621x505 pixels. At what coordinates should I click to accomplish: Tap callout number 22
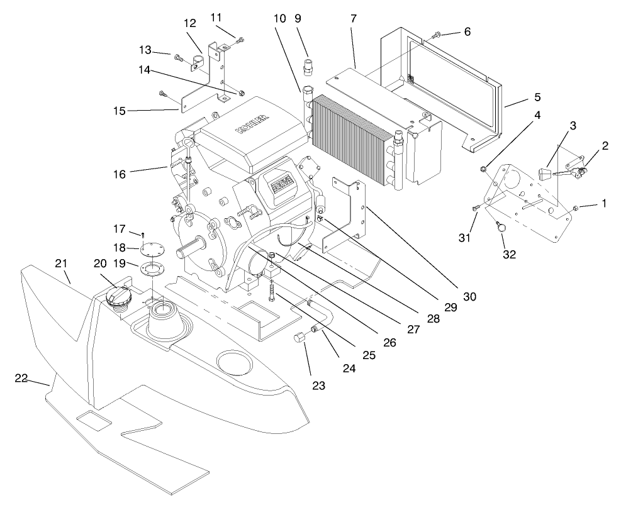[21, 377]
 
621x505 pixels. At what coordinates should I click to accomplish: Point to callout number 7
[354, 19]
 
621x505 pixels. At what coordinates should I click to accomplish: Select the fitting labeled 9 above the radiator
[308, 65]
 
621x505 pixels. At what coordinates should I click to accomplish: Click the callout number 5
[537, 97]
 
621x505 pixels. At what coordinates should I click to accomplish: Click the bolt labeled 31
[474, 208]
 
